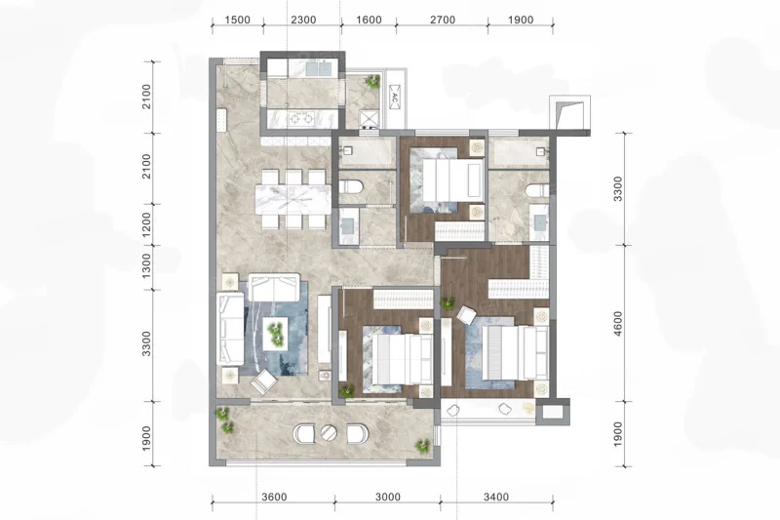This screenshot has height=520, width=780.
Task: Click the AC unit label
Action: coord(395,98)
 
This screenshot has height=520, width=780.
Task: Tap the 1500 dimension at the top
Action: coord(237,20)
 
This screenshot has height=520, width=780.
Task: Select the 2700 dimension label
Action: coord(443,20)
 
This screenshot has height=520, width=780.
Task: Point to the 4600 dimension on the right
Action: coord(618,324)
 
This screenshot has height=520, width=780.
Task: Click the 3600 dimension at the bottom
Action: coord(274,497)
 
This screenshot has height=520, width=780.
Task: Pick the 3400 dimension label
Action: coord(496,497)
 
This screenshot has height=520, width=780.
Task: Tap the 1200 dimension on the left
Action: coord(146,225)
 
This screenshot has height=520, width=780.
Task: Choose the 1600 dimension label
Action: coord(370,20)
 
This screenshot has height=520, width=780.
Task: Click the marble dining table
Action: coord(293,199)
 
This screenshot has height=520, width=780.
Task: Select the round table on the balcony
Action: coord(329,432)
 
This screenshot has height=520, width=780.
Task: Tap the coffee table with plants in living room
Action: coord(275,334)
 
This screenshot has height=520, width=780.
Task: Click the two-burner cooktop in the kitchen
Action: coord(301,118)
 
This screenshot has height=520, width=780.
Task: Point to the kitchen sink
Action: coord(319,68)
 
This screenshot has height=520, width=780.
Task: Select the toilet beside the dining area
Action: coord(351,187)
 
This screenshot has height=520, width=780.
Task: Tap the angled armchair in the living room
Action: coord(263,381)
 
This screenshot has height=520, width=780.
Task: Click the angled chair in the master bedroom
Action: coord(467,315)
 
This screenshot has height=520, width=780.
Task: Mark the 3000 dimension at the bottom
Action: coord(388,497)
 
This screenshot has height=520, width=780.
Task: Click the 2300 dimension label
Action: coord(303,20)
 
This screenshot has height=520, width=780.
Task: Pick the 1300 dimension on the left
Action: coord(146,265)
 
